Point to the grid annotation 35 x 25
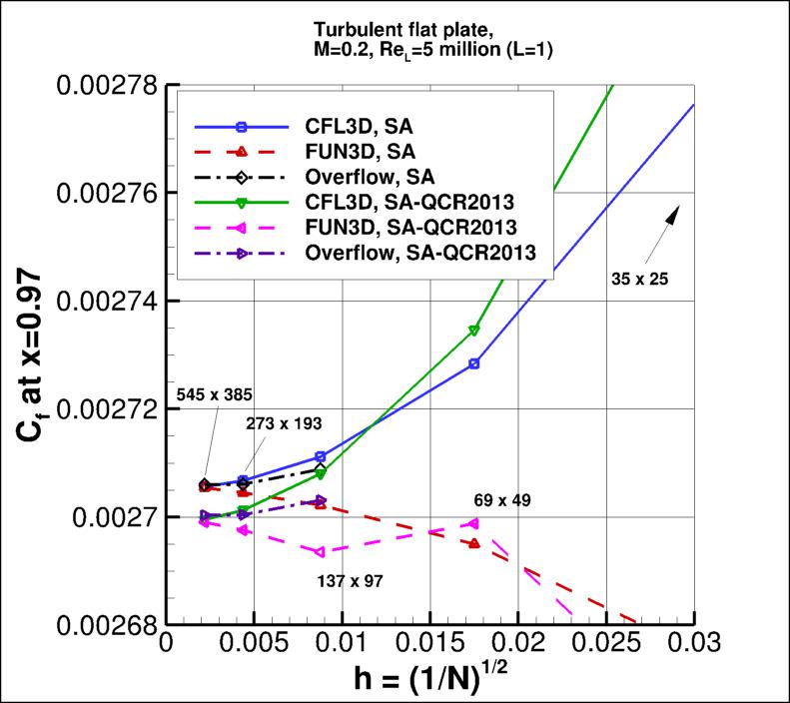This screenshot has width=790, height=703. click(639, 281)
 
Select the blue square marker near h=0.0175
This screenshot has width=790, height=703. click(474, 363)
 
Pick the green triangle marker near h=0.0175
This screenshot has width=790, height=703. click(474, 330)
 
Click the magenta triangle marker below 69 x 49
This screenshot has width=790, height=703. click(473, 523)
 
